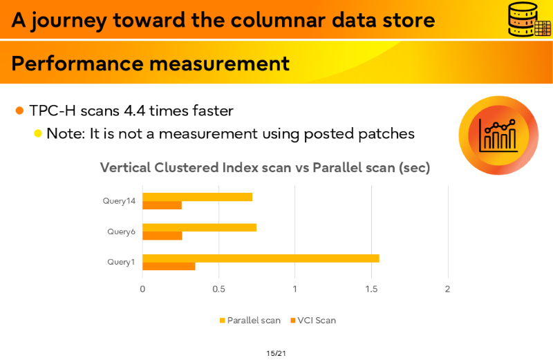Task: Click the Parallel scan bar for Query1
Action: point(261,258)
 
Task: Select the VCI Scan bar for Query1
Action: point(169,266)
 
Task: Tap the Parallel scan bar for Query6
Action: point(199,227)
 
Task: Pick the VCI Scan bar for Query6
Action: point(162,236)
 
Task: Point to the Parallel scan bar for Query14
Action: point(198,197)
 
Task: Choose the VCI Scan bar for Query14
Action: point(162,205)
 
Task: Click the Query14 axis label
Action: point(119,201)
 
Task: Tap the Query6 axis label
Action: point(122,231)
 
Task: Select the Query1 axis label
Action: point(122,262)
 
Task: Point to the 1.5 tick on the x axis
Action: point(371,289)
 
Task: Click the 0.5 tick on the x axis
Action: point(218,289)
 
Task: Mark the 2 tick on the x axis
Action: point(447,289)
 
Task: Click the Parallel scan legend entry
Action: point(250,320)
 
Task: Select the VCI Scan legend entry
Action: point(313,320)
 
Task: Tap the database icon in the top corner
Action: point(529,19)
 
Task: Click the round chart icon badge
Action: point(498,135)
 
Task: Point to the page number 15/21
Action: point(276,353)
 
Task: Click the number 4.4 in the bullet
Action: point(134,111)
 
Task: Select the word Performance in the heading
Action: point(77,64)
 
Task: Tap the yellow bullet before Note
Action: point(38,133)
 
